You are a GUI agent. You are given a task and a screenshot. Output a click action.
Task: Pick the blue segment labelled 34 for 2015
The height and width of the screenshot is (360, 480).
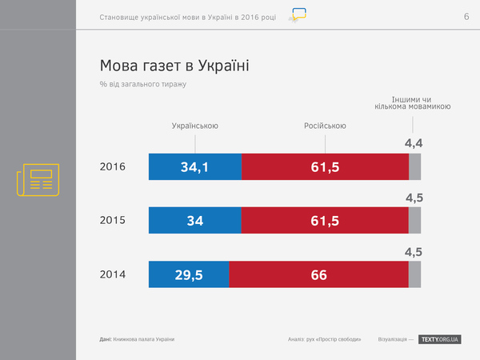coord(194,220)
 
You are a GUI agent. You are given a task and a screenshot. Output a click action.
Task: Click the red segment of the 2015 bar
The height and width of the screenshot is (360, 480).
coord(324,220)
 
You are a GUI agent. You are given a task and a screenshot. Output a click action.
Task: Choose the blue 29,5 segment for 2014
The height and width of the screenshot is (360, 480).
coord(189,274)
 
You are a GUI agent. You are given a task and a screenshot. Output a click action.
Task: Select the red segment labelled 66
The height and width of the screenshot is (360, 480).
coord(318,274)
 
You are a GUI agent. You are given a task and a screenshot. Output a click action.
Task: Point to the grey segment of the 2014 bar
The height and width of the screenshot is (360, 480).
coord(414,274)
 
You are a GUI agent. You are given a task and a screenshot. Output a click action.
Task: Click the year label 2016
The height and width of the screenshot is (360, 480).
coord(113,167)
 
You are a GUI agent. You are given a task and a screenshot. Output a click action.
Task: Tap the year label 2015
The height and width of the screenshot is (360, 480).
coord(113,220)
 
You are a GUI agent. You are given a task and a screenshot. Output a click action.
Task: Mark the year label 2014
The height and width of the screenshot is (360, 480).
coord(113,274)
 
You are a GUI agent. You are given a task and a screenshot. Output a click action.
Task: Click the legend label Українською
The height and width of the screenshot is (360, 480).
coord(195,126)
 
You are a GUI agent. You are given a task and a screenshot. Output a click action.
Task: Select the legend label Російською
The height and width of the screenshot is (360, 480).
coord(325,126)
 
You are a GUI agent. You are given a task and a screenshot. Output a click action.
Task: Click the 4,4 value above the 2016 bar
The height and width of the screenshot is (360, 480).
coord(413,144)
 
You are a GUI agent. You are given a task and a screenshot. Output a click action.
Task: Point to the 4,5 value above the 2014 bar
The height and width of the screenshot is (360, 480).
coord(414,252)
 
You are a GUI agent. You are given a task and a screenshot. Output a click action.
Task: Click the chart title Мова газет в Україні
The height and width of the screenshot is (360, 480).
coord(174,65)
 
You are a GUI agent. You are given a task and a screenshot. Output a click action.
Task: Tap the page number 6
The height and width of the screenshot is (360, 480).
coord(466,18)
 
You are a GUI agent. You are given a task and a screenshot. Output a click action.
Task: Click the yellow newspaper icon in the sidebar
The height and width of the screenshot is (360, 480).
coord(38,179)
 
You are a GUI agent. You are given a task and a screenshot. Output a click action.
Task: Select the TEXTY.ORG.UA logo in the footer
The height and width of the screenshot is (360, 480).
coord(440,340)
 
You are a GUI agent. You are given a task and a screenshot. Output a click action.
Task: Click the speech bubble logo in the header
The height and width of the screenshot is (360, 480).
coord(298,15)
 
